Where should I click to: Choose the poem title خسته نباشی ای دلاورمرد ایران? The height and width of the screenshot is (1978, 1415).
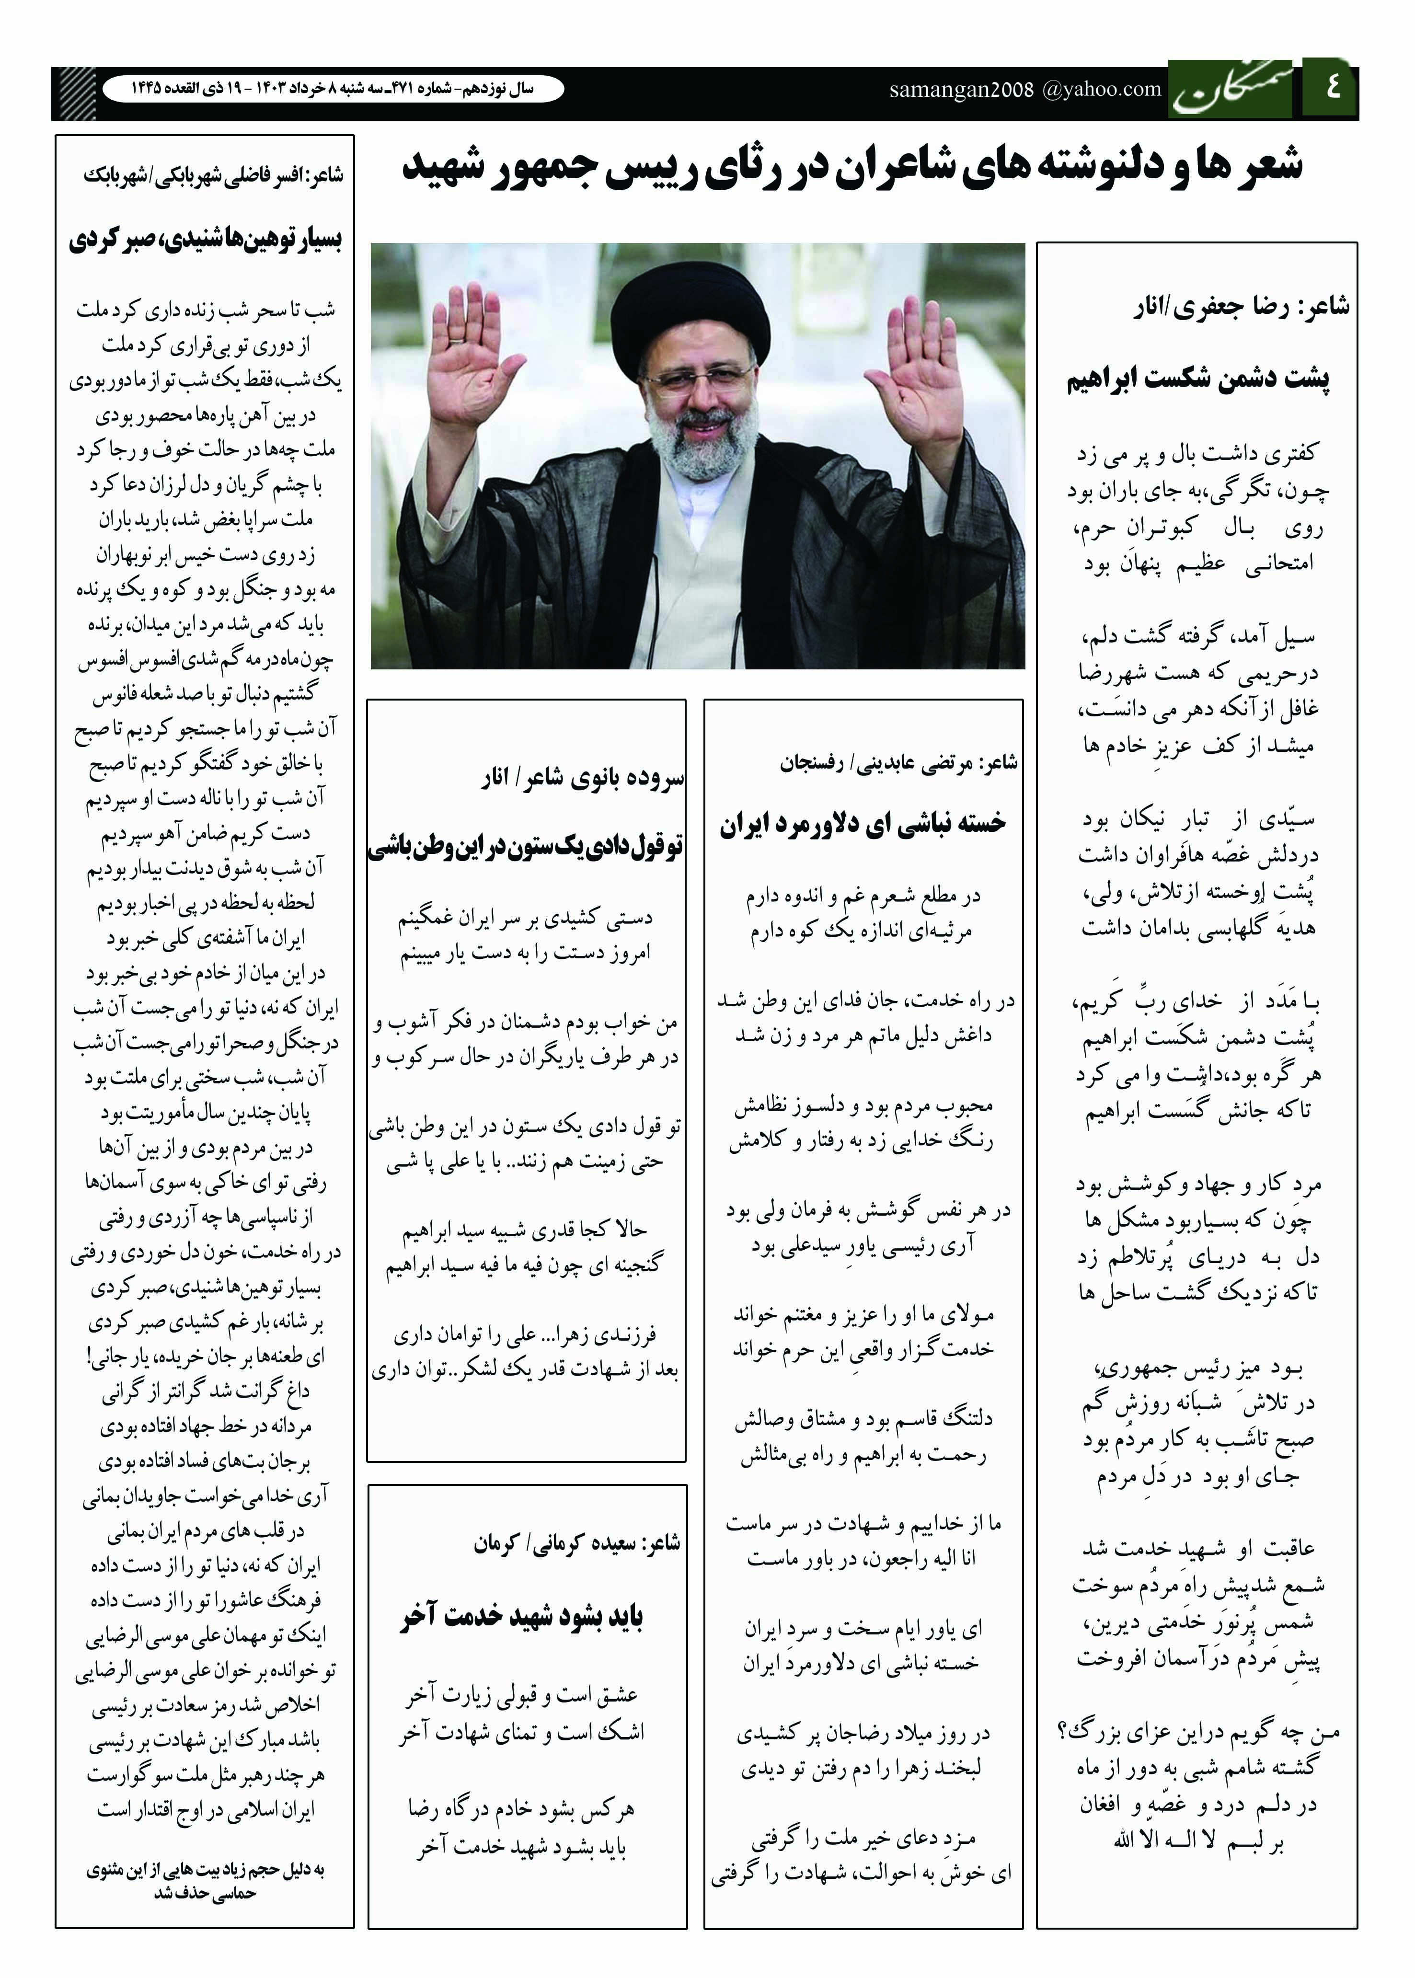click(x=863, y=823)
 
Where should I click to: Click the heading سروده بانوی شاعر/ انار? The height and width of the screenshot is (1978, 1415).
click(x=582, y=778)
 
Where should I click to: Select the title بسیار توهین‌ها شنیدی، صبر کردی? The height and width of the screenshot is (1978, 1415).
click(x=206, y=239)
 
